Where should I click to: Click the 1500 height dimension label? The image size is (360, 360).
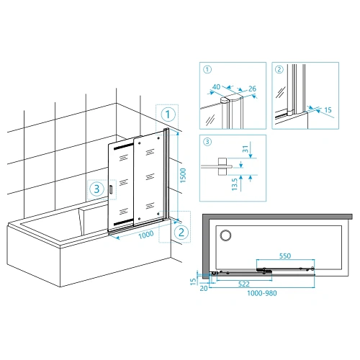[183, 176]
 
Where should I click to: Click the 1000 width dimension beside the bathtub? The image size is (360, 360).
[146, 235]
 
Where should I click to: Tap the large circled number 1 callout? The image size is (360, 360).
[168, 114]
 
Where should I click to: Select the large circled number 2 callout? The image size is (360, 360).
[181, 233]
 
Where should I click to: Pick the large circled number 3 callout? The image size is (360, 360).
[96, 189]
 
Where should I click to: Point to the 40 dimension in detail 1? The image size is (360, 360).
[216, 86]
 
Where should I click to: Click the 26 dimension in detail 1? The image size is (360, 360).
[252, 89]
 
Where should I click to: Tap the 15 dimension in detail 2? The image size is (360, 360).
[328, 110]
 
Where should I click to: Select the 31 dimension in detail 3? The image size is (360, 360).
[246, 149]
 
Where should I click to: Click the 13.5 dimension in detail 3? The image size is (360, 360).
[235, 184]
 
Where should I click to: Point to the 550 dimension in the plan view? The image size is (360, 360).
[285, 256]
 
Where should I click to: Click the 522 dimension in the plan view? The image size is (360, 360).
[244, 284]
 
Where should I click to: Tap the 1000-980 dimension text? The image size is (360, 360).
[262, 293]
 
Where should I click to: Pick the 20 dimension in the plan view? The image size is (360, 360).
[204, 288]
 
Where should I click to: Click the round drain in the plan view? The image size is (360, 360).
[225, 235]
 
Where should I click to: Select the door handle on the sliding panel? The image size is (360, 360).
[111, 189]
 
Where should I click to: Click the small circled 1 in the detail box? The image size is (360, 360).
[207, 70]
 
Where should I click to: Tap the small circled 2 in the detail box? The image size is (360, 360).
[279, 70]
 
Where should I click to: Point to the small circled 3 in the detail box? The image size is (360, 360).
[207, 142]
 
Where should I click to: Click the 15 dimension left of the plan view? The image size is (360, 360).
[193, 282]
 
